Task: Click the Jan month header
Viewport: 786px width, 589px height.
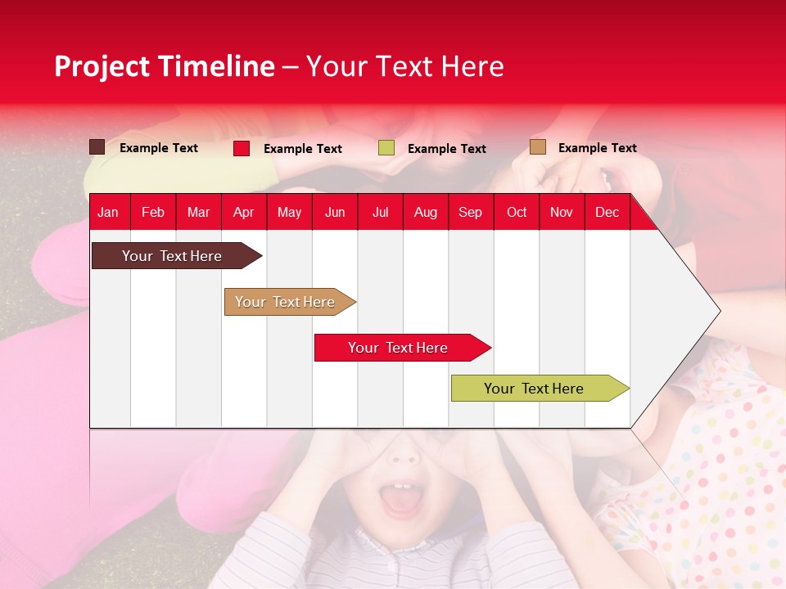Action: (108, 212)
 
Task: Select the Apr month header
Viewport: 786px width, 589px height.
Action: (243, 212)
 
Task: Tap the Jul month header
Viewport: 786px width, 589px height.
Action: (380, 212)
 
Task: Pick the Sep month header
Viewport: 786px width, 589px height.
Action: (470, 212)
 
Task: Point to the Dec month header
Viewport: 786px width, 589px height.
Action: (607, 212)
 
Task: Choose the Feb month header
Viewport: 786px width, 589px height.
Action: (153, 212)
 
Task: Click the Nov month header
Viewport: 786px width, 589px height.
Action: (561, 212)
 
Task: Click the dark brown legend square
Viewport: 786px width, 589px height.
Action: (97, 147)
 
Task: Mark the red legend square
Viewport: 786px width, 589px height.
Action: (242, 148)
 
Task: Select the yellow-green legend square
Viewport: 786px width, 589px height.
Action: (386, 148)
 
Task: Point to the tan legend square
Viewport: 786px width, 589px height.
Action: (538, 147)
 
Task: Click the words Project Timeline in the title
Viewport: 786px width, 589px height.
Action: (164, 66)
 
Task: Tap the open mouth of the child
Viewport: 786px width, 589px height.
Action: (400, 500)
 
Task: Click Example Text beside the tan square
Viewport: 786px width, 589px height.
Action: (597, 147)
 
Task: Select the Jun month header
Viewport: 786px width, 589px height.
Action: (335, 212)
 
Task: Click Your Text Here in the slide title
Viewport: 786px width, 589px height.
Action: (404, 66)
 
